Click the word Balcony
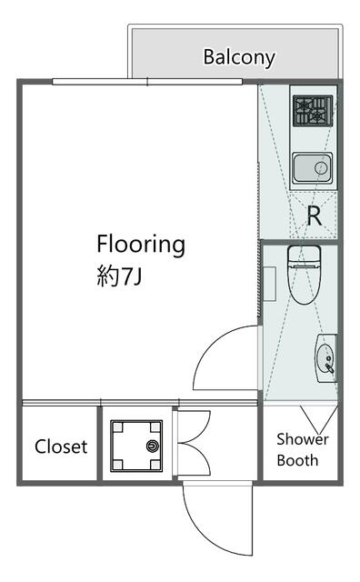(x=239, y=58)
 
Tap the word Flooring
(x=141, y=245)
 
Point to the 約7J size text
(x=119, y=276)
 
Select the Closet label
(x=61, y=447)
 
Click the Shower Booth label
(x=302, y=449)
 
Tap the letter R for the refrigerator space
(x=315, y=216)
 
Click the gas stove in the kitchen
(x=313, y=111)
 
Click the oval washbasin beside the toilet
(x=325, y=358)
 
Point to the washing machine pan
(x=136, y=446)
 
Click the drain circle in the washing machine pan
(x=152, y=446)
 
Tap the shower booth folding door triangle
(x=319, y=418)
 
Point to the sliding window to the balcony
(x=147, y=82)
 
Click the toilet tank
(x=304, y=256)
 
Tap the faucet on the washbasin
(x=330, y=365)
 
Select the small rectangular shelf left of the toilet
(x=269, y=284)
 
